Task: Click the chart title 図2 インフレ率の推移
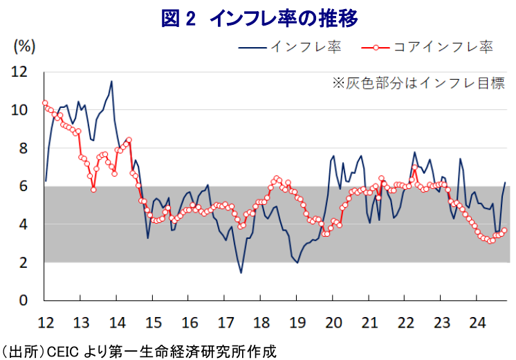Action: (259, 19)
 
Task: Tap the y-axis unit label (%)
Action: (24, 47)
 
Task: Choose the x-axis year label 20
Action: (333, 322)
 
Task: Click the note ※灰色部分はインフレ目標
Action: (417, 84)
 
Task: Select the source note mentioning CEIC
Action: (138, 350)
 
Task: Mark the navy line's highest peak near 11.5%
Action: (111, 82)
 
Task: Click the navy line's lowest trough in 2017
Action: (241, 272)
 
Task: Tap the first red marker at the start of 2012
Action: (45, 103)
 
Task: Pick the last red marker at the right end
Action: (504, 231)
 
